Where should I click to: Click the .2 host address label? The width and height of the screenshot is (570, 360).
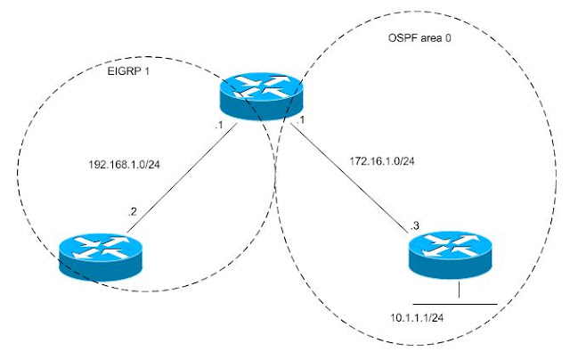click(131, 212)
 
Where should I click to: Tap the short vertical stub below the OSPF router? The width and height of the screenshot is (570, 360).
click(458, 291)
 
